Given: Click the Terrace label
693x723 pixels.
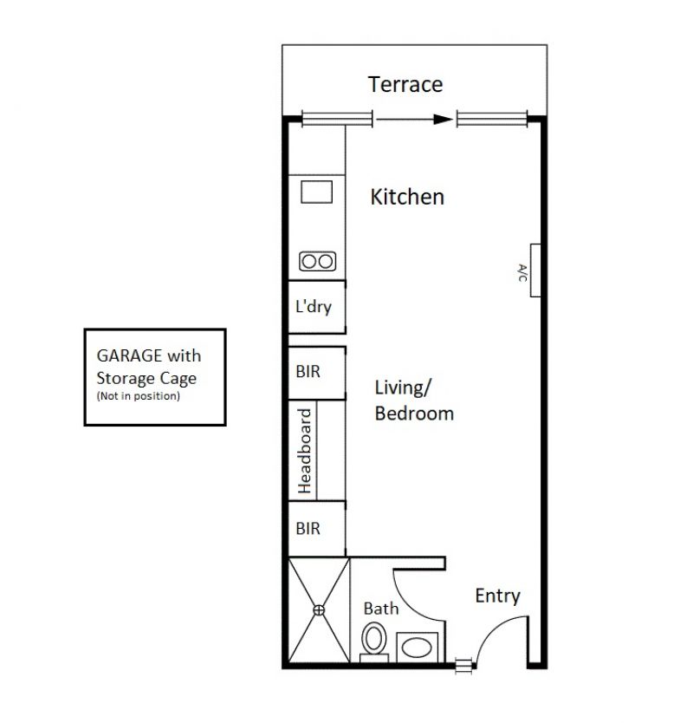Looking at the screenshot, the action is click(405, 84).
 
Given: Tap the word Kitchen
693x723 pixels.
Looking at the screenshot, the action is click(407, 197).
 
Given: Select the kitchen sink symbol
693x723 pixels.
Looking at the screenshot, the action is click(316, 192).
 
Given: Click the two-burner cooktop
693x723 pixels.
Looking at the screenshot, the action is click(317, 262).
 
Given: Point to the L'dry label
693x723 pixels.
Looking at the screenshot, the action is click(314, 307).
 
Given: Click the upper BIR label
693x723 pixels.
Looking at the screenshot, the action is click(308, 372).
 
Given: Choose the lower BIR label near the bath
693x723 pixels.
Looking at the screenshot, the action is click(308, 529).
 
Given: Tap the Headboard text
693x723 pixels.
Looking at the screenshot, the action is click(305, 451).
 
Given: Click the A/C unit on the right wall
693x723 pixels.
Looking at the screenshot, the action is click(535, 270).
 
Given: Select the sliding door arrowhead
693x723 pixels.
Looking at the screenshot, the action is click(444, 120).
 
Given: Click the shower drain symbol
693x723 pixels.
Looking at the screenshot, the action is click(319, 610).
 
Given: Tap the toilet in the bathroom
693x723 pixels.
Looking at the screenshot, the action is click(373, 642).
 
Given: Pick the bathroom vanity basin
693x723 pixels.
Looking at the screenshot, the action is click(417, 648).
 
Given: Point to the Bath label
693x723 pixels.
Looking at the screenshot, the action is click(381, 609).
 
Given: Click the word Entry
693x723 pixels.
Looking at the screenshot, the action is click(497, 596).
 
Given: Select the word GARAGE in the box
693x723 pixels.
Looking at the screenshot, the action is click(129, 355).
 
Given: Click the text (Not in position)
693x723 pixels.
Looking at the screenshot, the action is click(139, 396).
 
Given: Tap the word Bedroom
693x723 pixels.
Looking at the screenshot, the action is click(414, 414).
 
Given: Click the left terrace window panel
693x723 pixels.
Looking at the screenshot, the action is click(337, 119).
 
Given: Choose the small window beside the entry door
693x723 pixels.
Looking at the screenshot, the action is click(464, 666).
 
